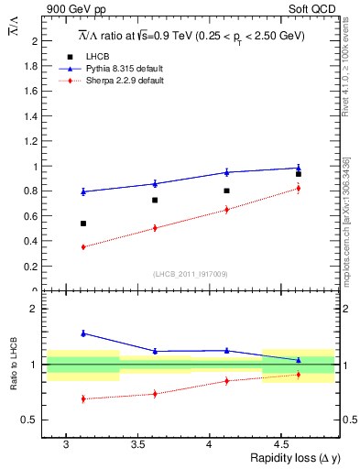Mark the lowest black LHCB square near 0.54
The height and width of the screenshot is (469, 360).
[83, 224]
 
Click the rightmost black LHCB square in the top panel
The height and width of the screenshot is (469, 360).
[299, 174]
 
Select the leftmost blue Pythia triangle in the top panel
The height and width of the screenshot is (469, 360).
[83, 191]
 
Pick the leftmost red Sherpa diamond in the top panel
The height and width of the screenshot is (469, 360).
[83, 247]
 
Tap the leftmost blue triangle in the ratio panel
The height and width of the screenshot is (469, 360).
[83, 333]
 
